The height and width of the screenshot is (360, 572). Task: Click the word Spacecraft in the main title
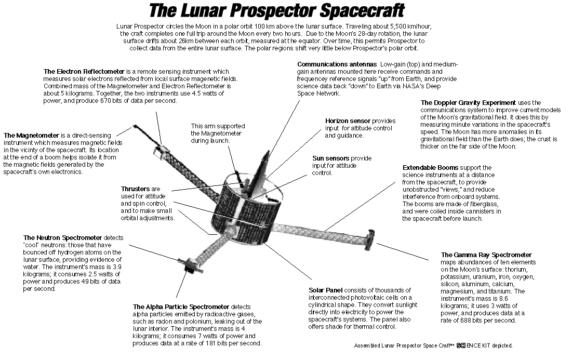[363, 10]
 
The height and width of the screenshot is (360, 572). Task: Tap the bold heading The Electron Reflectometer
[84, 72]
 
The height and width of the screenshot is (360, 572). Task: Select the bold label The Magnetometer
[31, 135]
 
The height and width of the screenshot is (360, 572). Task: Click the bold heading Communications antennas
[337, 64]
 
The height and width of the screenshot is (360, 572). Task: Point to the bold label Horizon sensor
[348, 121]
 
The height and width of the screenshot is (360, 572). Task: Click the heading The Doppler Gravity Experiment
[468, 103]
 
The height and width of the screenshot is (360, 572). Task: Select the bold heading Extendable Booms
[431, 168]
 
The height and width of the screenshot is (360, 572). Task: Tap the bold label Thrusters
[136, 189]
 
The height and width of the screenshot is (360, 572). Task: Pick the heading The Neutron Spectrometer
[63, 238]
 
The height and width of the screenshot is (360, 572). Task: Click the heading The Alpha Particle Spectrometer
[181, 306]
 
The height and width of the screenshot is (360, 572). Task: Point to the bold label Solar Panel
[325, 290]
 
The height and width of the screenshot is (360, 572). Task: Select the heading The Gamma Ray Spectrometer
[486, 255]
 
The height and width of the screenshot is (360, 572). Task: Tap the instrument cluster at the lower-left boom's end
[190, 265]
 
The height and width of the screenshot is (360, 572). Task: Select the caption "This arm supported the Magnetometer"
[218, 130]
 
